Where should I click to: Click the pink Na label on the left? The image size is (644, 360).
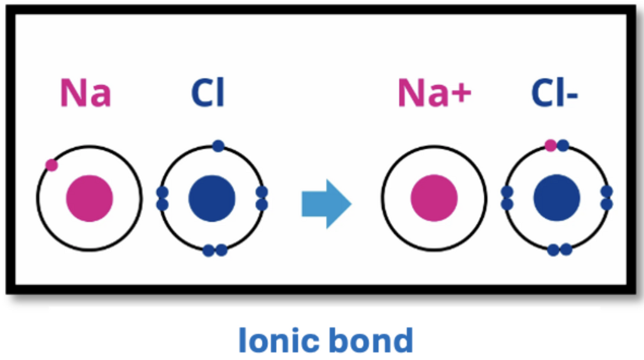click(86, 93)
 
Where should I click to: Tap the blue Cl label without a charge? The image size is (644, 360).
click(208, 93)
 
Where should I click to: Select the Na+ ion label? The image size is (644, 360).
click(435, 93)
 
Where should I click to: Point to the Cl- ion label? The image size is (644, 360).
click(555, 93)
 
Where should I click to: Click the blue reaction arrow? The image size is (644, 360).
click(326, 204)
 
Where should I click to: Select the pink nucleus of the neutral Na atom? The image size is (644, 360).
click(89, 198)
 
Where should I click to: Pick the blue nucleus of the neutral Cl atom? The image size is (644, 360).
click(212, 198)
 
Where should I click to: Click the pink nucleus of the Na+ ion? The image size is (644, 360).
click(434, 198)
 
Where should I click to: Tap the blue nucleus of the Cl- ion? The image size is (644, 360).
click(557, 198)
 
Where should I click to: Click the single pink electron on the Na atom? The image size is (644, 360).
click(52, 165)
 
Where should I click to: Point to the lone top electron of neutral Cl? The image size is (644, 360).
click(218, 146)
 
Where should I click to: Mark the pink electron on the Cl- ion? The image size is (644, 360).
click(550, 145)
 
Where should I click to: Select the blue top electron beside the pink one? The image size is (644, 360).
click(563, 145)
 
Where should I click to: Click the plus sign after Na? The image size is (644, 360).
click(462, 94)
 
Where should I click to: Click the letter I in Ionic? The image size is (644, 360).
click(242, 340)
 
